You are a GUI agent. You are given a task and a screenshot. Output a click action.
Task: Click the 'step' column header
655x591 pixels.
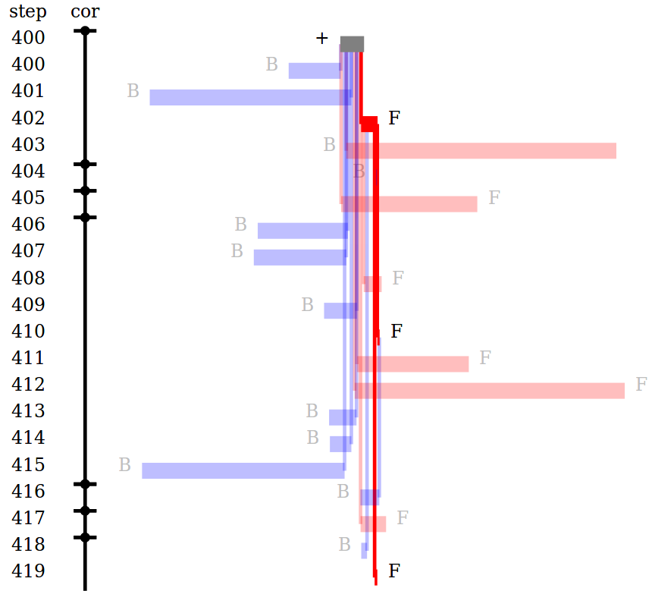tap(27, 12)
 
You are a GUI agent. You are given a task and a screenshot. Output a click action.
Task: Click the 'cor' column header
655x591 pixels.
tap(84, 12)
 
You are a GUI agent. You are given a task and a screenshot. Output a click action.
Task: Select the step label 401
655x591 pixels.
tap(28, 91)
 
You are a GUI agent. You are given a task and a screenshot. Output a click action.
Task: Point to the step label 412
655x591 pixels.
tap(28, 385)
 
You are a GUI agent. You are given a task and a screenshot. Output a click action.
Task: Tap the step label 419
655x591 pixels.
tap(28, 571)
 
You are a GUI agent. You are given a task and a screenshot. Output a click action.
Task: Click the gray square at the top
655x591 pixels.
tap(352, 44)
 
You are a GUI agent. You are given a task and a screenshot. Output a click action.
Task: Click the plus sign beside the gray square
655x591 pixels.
tap(322, 39)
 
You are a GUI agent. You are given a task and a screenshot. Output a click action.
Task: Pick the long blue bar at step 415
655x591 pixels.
tap(243, 470)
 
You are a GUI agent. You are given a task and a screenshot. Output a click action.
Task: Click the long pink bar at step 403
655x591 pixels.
tap(485, 150)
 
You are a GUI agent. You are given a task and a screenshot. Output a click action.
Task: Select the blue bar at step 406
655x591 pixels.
tap(302, 231)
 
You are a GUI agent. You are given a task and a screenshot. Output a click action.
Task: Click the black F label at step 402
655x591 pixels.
tap(393, 118)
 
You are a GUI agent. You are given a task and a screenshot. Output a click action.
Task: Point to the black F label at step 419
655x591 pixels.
tap(393, 571)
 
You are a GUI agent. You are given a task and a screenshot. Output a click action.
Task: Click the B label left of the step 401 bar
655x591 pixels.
tap(133, 91)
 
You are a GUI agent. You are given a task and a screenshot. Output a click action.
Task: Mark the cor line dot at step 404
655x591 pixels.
tap(85, 164)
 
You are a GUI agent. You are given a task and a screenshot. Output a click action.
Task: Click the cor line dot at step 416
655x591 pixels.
tap(85, 484)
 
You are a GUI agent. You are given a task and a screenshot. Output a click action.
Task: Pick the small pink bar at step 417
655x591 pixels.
tap(373, 523)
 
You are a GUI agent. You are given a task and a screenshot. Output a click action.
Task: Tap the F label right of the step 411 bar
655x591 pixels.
tap(485, 357)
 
